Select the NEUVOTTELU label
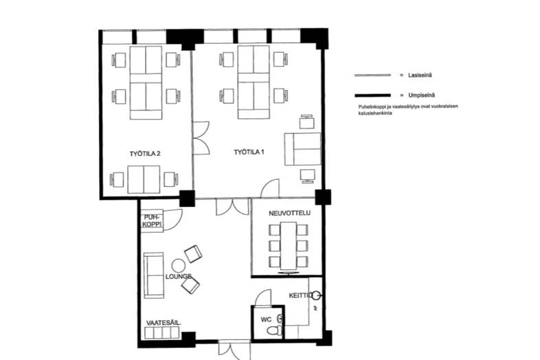pos(289,214)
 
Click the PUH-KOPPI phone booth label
pos(151,219)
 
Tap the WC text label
pos(267,320)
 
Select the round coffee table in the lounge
pos(179,265)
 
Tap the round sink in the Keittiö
pos(317,295)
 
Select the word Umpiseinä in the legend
pos(416,95)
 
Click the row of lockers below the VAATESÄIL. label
pos(162,333)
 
